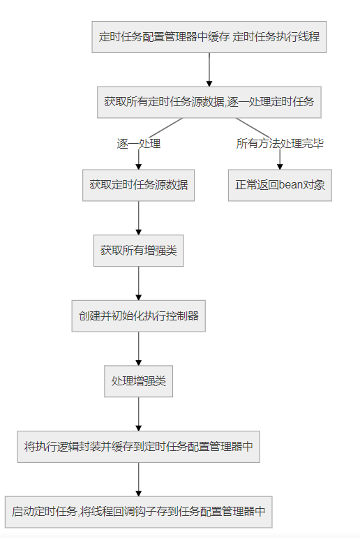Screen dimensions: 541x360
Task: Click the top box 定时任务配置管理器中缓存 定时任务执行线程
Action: pyautogui.click(x=209, y=36)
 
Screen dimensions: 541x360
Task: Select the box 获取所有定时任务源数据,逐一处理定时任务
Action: pyautogui.click(x=209, y=102)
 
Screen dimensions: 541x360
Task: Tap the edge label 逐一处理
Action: pyautogui.click(x=139, y=144)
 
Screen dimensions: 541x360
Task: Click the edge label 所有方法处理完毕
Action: pyautogui.click(x=280, y=144)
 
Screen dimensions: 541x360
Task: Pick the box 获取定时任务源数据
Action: pyautogui.click(x=138, y=185)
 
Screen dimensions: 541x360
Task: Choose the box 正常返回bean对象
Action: pyautogui.click(x=280, y=185)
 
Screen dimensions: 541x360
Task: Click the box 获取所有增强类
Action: pyautogui.click(x=138, y=250)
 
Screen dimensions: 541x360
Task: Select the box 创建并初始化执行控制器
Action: pyautogui.click(x=138, y=316)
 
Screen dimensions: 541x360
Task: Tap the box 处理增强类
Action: pyautogui.click(x=138, y=381)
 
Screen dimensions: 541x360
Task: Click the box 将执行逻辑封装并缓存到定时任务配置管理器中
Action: pyautogui.click(x=138, y=447)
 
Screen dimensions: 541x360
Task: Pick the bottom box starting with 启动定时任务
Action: pyautogui.click(x=138, y=512)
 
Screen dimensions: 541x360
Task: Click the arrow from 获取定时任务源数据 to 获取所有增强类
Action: pyautogui.click(x=138, y=218)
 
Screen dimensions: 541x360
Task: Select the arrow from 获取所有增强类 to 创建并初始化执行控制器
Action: pyautogui.click(x=138, y=283)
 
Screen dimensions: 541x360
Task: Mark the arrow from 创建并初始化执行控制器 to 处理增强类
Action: pyautogui.click(x=138, y=348)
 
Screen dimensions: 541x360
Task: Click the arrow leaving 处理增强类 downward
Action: pyautogui.click(x=138, y=414)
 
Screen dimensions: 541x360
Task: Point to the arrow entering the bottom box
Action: pyautogui.click(x=138, y=480)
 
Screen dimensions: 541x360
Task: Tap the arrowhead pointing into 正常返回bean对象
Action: pyautogui.click(x=280, y=166)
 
